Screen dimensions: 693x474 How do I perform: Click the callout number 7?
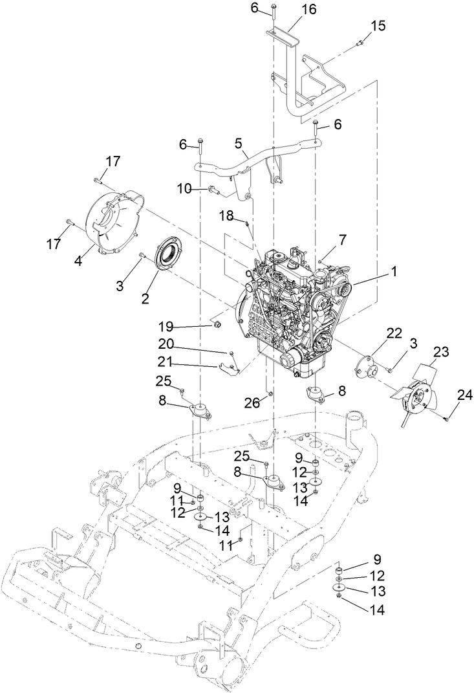tap(343, 239)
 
